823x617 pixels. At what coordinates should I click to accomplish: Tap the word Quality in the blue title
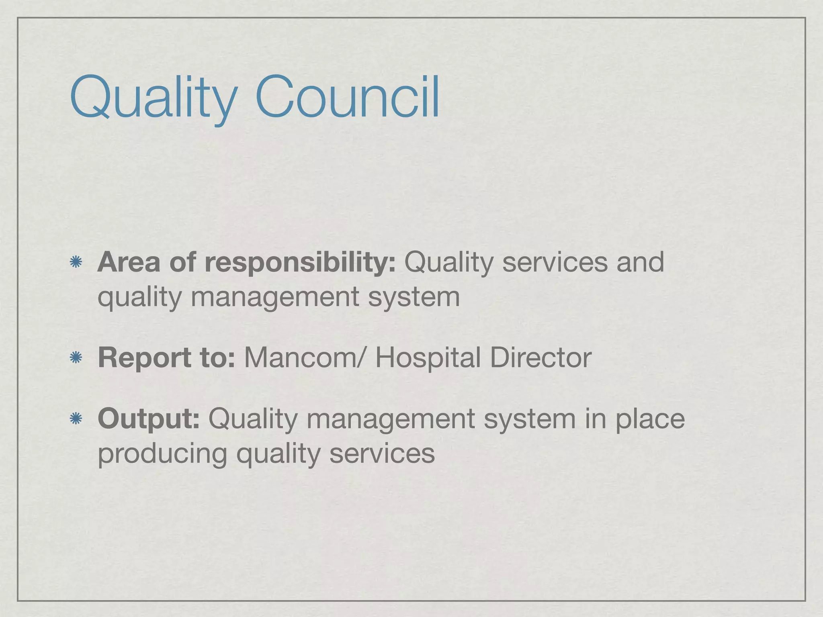click(x=153, y=98)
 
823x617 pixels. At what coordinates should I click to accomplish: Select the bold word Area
click(x=129, y=262)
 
